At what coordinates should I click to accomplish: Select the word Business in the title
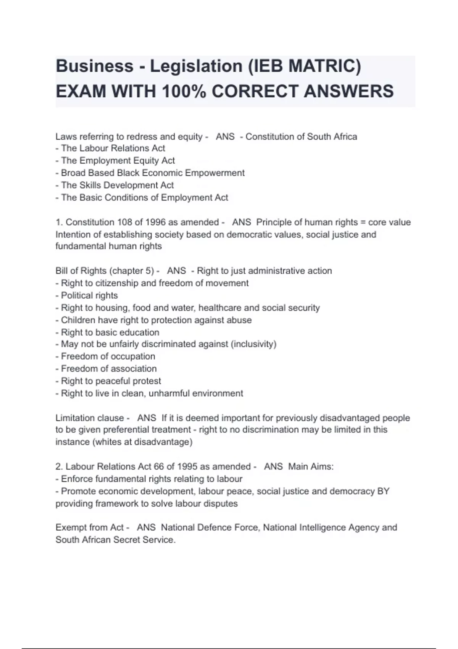[x=95, y=66]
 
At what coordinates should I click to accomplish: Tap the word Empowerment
[x=215, y=173]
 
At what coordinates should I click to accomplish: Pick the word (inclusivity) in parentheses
[x=253, y=344]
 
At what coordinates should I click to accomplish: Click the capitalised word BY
[x=383, y=491]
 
